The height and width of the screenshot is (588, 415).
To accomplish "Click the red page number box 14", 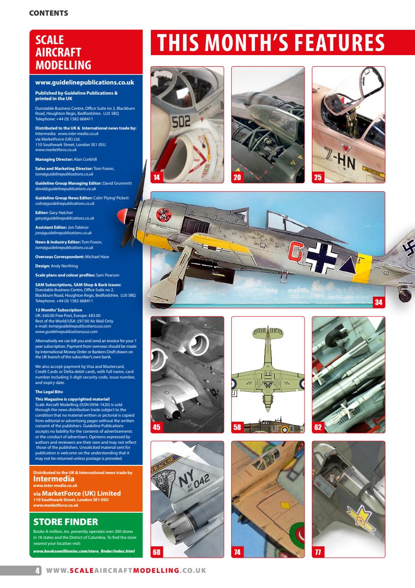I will coord(157,177).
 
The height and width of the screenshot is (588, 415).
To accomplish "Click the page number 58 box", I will coord(237,427).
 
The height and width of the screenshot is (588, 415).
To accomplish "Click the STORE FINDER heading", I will coord(66,522).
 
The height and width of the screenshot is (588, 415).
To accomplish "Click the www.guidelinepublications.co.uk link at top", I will coord(84,83).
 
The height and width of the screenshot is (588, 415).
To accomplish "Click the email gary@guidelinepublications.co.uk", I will coord(65,218).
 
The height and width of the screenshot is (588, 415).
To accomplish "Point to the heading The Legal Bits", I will coord(49,392).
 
